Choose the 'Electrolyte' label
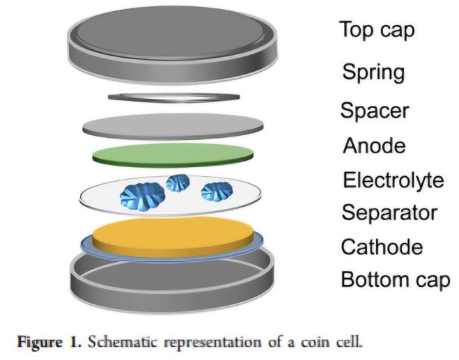coord(393,180)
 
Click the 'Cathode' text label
coord(382,246)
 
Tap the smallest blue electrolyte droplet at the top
coord(178,183)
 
